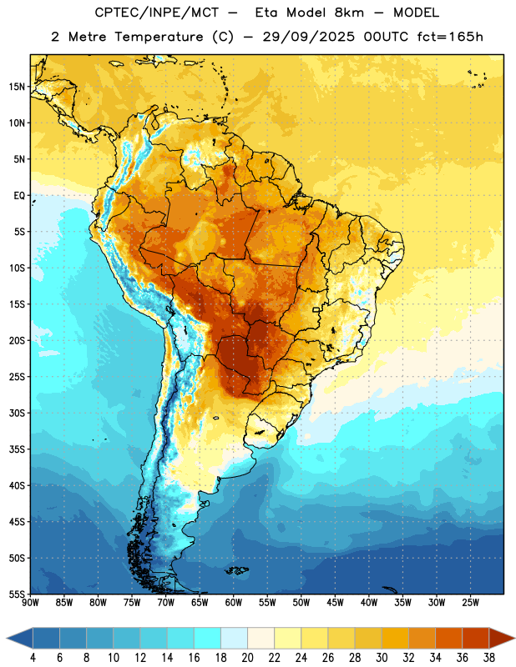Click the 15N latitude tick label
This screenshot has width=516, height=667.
click(17, 87)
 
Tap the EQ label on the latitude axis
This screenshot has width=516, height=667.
click(19, 196)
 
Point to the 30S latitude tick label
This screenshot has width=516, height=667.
click(17, 413)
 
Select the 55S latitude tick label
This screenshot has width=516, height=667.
click(17, 594)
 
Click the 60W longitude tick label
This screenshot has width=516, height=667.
click(234, 603)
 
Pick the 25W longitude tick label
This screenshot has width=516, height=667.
click(470, 603)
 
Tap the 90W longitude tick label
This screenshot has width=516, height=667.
click(30, 603)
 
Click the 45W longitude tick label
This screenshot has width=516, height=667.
click(335, 603)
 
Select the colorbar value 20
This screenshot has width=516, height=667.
click(247, 658)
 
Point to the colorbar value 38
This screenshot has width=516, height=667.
click(488, 658)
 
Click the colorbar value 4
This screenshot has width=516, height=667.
click(33, 658)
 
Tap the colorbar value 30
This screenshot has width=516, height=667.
click(382, 658)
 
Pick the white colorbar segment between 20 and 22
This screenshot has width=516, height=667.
click(261, 638)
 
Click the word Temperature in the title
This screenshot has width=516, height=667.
click(159, 37)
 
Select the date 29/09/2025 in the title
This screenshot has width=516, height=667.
click(308, 37)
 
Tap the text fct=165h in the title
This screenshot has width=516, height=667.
click(450, 37)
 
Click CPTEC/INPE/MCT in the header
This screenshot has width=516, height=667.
click(156, 13)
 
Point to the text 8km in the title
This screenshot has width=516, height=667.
click(349, 13)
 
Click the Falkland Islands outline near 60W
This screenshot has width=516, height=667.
click(237, 570)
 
